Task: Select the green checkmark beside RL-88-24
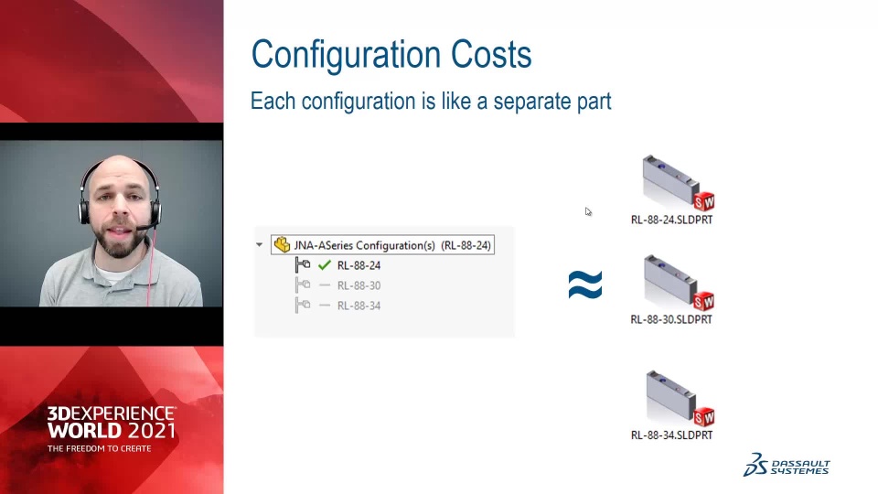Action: click(x=324, y=265)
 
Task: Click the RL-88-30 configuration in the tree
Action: click(x=359, y=285)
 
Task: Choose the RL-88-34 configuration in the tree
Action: click(x=359, y=306)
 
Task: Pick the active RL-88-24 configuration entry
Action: click(x=359, y=265)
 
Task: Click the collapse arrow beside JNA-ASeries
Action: click(x=259, y=245)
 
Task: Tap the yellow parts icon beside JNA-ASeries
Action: click(x=282, y=245)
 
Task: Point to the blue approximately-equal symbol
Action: click(x=585, y=285)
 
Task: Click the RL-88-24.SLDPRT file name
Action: click(x=671, y=220)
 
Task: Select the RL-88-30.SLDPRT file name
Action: click(x=671, y=320)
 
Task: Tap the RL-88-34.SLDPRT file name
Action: click(x=671, y=435)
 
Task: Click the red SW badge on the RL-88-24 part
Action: click(x=704, y=201)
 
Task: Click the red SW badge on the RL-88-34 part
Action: click(x=704, y=417)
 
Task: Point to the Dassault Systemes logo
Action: click(x=787, y=465)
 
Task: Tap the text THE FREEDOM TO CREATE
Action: click(x=99, y=448)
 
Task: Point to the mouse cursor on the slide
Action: click(x=588, y=211)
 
